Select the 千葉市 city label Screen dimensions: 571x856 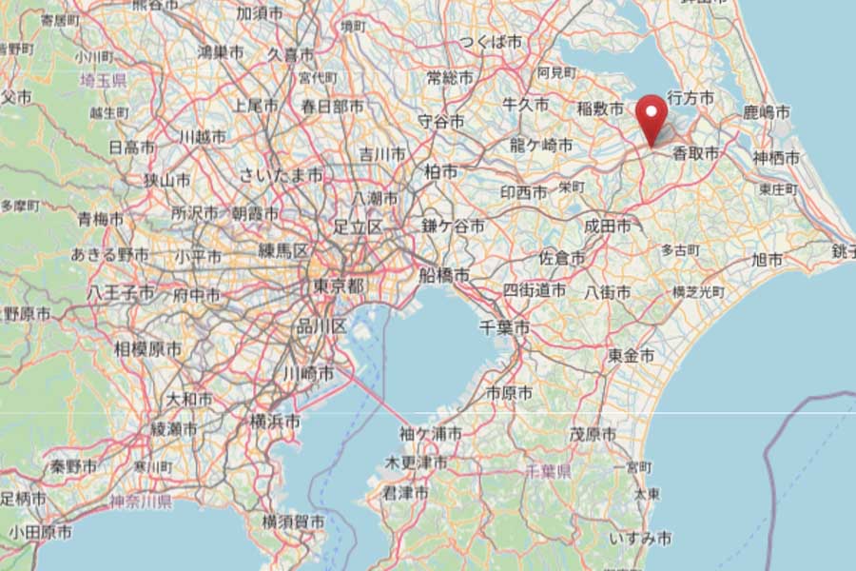pyautogui.click(x=504, y=327)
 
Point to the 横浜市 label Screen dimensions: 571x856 pyautogui.click(x=276, y=421)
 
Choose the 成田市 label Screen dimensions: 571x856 pyautogui.click(x=607, y=226)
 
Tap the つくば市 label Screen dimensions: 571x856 pyautogui.click(x=491, y=43)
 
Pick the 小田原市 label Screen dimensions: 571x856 pyautogui.click(x=40, y=533)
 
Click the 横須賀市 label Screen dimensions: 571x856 pyautogui.click(x=293, y=522)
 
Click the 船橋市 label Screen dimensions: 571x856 pyautogui.click(x=444, y=275)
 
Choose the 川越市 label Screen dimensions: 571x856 pyautogui.click(x=203, y=137)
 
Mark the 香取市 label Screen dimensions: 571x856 pyautogui.click(x=695, y=152)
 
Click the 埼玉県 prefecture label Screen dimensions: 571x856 pyautogui.click(x=104, y=81)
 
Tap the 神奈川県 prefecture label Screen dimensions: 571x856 pyautogui.click(x=140, y=502)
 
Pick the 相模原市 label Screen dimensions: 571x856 pyautogui.click(x=147, y=349)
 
